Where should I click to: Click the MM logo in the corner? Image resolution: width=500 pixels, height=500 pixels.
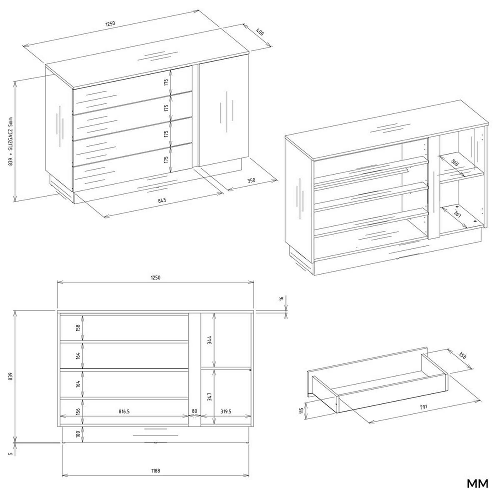[x=477, y=484]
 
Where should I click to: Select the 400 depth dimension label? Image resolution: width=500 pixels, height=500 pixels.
[x=260, y=32]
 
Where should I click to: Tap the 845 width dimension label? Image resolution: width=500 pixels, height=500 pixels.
[x=162, y=200]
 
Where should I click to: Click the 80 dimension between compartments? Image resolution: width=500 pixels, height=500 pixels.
[x=195, y=411]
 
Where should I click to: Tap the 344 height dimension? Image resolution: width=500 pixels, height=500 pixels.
[x=210, y=340]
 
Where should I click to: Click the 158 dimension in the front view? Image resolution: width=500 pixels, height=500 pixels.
[x=78, y=328]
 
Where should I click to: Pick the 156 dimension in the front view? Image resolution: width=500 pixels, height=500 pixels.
[x=78, y=411]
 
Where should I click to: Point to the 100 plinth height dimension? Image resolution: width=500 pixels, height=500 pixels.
[x=78, y=434]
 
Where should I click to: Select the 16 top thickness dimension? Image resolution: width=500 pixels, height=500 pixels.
[x=282, y=299]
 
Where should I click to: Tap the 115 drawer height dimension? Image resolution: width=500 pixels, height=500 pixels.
[x=301, y=412]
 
